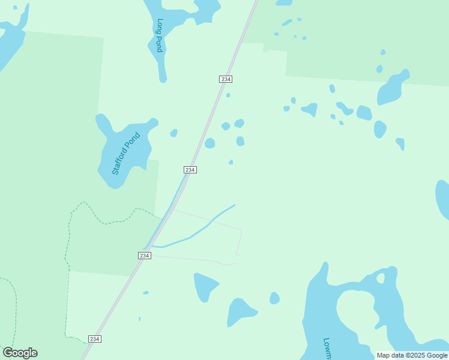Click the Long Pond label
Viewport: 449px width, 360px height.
160,35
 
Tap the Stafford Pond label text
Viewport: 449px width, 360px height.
125,154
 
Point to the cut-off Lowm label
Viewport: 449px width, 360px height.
328,348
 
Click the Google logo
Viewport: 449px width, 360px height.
20,353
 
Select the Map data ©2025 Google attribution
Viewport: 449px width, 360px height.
412,355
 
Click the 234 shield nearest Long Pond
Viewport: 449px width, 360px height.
225,79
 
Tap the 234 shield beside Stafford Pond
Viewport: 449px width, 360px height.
190,170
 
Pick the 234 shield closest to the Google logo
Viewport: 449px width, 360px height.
94,339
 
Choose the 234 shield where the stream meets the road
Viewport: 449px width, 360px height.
144,256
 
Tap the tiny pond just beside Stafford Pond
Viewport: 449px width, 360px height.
173,133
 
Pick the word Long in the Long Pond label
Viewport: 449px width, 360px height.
160,27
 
